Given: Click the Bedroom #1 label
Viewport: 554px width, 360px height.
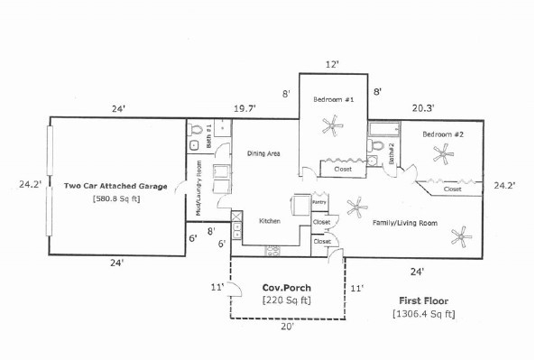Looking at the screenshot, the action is (334, 99).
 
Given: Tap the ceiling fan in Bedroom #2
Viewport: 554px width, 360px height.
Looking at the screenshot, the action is (443, 154).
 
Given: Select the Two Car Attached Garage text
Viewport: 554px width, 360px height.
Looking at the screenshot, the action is (115, 186).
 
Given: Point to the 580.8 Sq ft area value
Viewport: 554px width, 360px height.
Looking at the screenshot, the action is (116, 198).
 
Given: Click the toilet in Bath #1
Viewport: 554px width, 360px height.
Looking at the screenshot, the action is (196, 129).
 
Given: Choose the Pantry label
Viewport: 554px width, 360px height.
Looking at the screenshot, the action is (319, 202).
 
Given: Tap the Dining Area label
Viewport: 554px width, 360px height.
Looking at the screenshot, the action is (263, 153).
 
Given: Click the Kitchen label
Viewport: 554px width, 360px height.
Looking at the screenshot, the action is (270, 221).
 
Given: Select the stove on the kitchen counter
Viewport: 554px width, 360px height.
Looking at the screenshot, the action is (272, 251).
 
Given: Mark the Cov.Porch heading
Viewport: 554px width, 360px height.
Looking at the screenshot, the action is (287, 288).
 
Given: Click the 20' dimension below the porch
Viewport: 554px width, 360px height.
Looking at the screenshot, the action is (287, 327).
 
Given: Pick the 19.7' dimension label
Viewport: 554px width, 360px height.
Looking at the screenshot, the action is (245, 108).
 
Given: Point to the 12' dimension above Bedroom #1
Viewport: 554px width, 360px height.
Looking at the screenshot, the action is (332, 65).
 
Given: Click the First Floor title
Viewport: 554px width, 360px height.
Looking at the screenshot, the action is (424, 301).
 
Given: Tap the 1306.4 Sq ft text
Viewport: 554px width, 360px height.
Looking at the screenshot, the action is (424, 314).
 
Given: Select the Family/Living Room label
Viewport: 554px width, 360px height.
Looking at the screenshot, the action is (405, 223).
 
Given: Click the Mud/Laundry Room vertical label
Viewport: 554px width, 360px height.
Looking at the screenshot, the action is (199, 189).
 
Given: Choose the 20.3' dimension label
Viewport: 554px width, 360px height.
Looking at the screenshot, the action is (423, 108).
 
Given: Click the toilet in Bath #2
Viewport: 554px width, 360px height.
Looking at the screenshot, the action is (376, 145).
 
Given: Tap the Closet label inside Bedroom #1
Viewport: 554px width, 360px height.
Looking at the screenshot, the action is (343, 170).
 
